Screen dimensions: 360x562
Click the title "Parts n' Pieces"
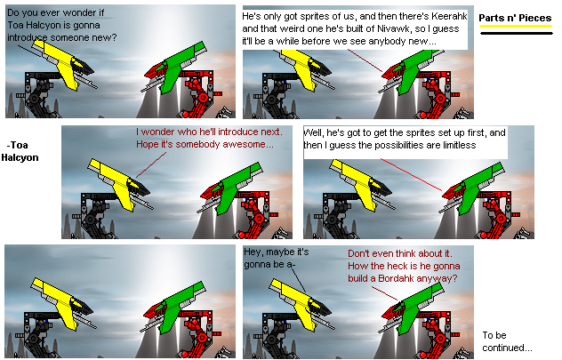[x=515, y=18]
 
